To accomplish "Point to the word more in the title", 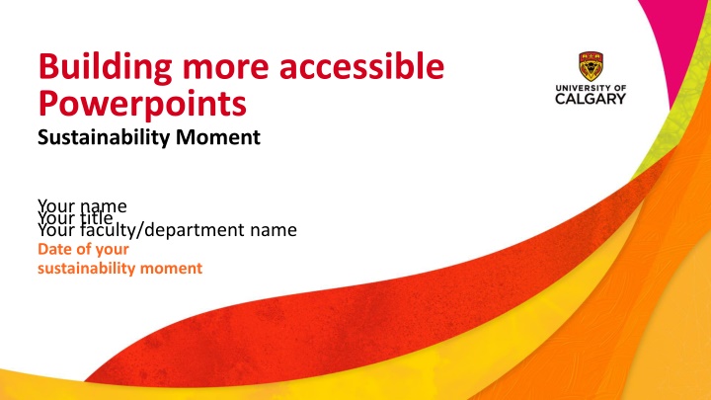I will [x=215, y=68].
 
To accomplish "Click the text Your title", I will [x=75, y=218].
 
